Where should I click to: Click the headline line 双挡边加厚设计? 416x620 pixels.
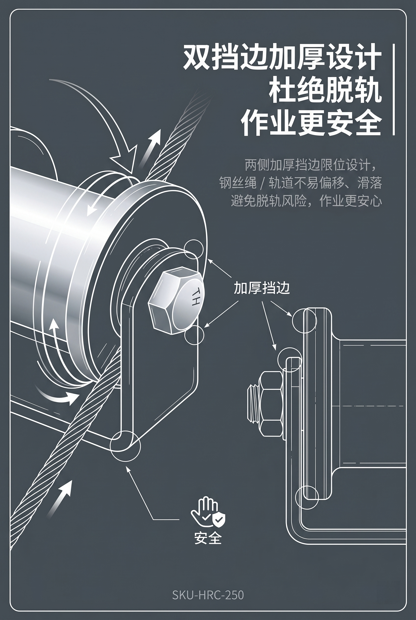pos(282,57)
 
